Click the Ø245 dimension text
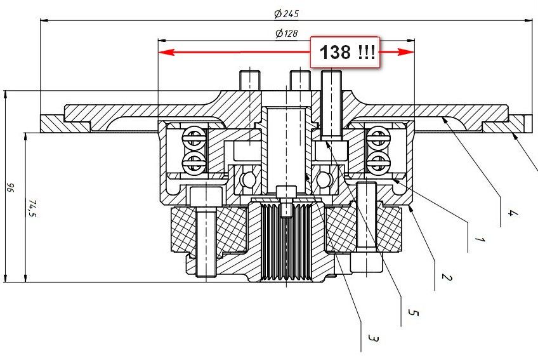coord(287,14)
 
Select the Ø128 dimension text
coord(287,33)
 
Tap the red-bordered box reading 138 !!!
coord(345,52)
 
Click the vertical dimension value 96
coord(11,187)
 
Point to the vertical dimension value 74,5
coord(32,208)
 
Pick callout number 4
coord(511,213)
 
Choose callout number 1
coord(480,239)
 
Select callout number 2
coord(446,277)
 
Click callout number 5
coord(413,312)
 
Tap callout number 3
coord(373,338)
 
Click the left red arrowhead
coord(166,52)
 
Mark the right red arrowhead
coord(406,52)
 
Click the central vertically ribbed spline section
coord(286,241)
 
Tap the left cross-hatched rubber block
coord(209,229)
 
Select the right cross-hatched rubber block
coord(363,229)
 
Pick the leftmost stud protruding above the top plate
coord(250,81)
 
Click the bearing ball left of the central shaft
coord(247,178)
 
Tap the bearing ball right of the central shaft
coord(324,178)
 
